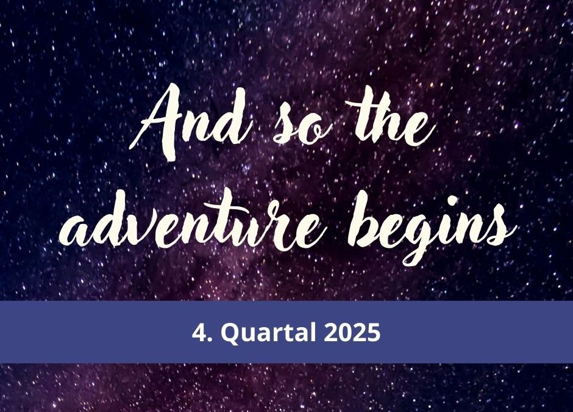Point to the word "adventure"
[190, 219]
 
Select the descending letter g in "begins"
[419, 239]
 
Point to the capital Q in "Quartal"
[230, 334]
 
